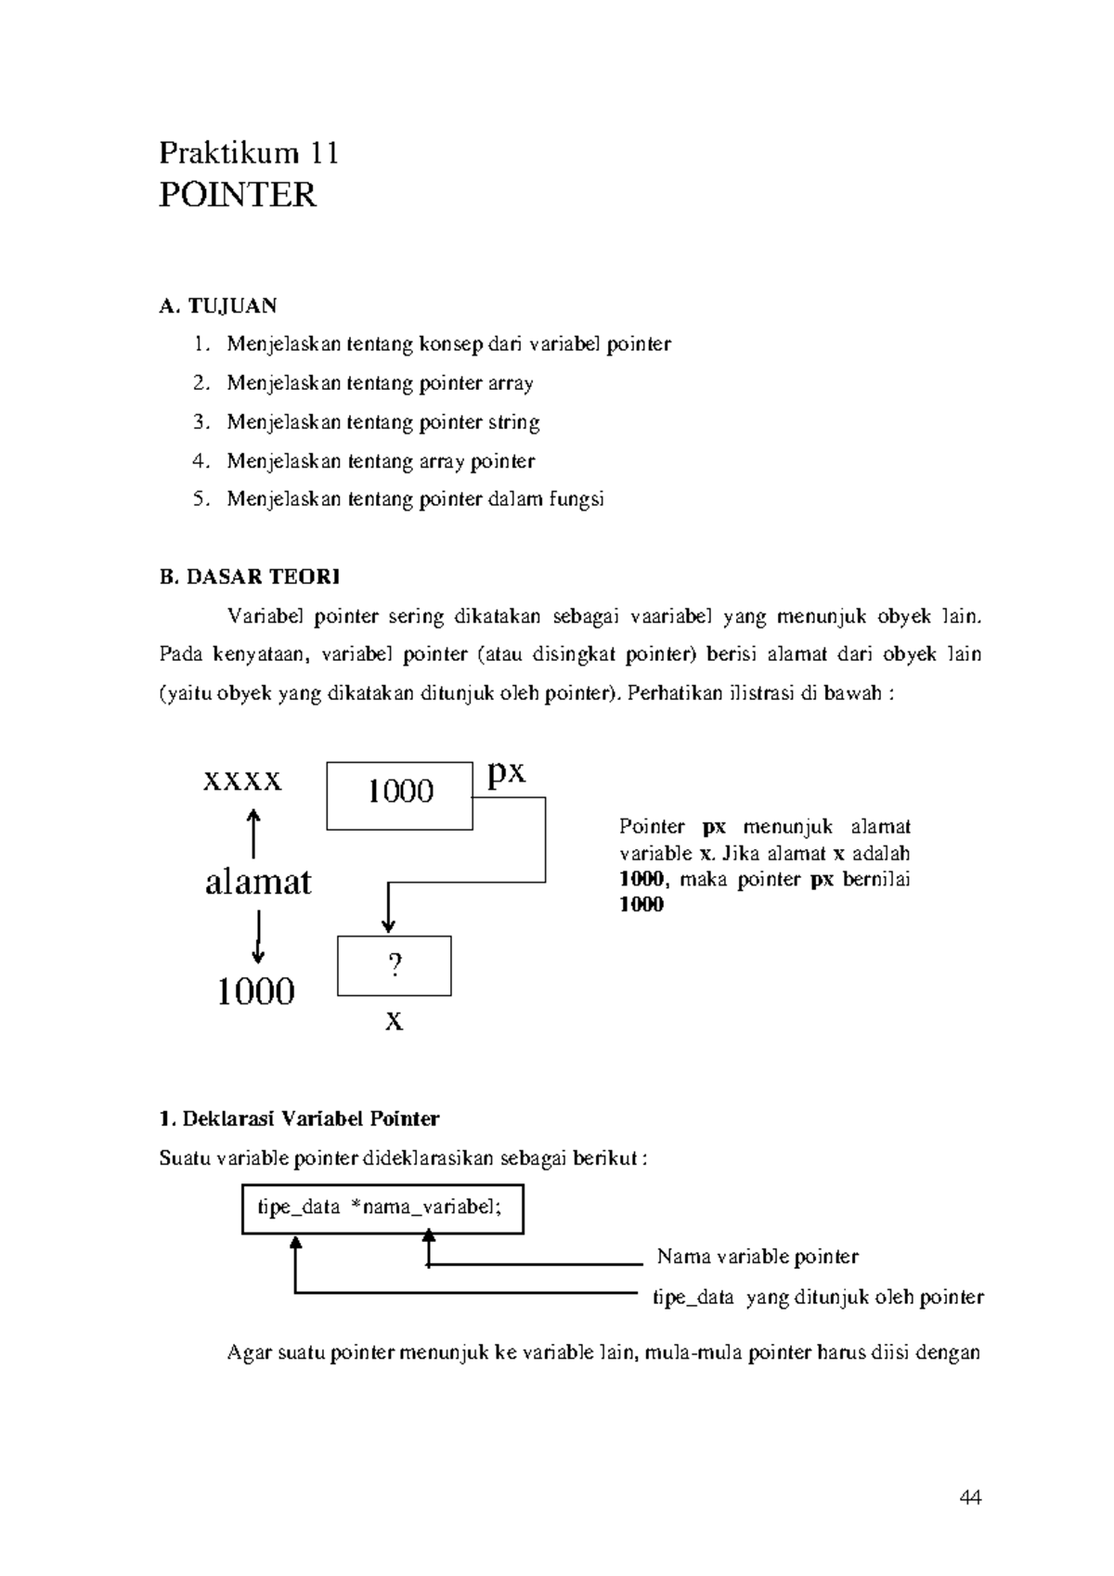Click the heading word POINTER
coord(238,195)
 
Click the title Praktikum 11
coord(248,152)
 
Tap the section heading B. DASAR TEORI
coord(250,576)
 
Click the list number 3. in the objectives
coord(201,422)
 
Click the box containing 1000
coord(399,795)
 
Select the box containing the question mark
coord(395,966)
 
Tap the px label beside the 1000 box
coord(507,771)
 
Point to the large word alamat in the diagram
coord(258,881)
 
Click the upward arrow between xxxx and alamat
coord(253,833)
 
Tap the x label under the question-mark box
coord(395,1022)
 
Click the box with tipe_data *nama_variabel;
coord(382,1208)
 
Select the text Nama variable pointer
coord(758,1257)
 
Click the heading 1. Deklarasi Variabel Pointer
coord(299,1118)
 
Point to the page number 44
coord(971,1497)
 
